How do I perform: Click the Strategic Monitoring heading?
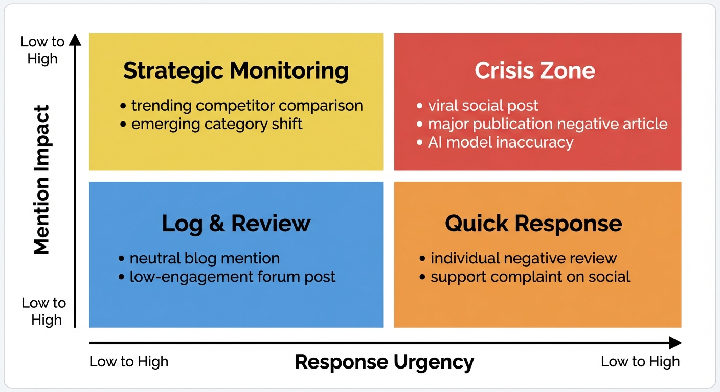[236, 70]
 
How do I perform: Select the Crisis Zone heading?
[535, 70]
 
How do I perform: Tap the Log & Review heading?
[236, 224]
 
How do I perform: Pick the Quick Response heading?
[533, 224]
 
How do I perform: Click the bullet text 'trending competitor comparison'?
[246, 106]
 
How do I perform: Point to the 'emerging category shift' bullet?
[216, 124]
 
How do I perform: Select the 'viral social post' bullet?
[483, 106]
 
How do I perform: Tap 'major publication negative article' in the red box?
[547, 124]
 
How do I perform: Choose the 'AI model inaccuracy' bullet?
[500, 142]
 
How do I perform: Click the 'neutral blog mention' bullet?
[204, 258]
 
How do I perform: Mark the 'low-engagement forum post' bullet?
[232, 277]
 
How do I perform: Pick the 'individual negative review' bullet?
[523, 258]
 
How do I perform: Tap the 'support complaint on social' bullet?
[530, 277]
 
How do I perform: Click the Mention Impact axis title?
[41, 180]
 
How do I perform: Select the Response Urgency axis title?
[385, 362]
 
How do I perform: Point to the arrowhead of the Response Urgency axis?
[675, 343]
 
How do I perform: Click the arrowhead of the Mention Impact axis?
[75, 40]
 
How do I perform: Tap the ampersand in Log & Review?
[217, 224]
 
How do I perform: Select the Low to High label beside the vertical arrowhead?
[42, 50]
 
